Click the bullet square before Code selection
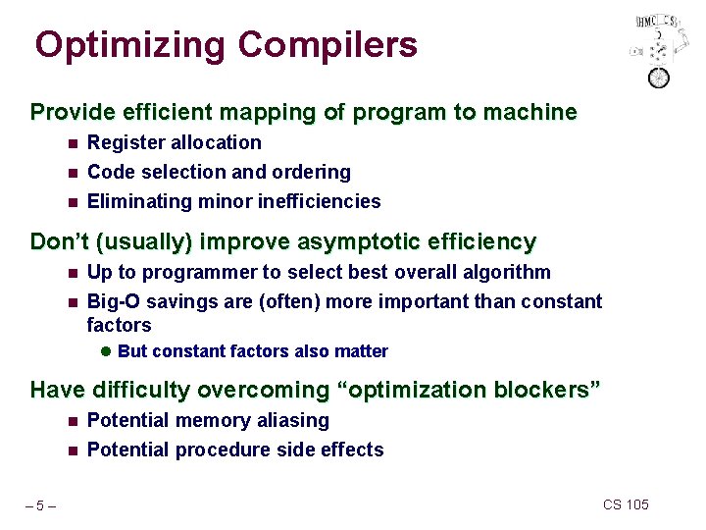tap(73, 173)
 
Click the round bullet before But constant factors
tap(107, 351)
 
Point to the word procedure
tap(218, 450)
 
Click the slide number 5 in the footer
tap(40, 506)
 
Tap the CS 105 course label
tap(626, 504)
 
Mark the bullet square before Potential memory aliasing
tap(73, 421)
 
